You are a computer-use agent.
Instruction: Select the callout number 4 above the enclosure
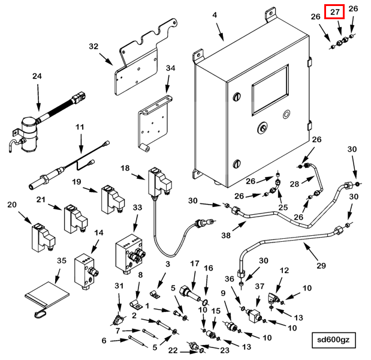tap(215, 15)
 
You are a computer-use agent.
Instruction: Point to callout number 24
tap(38, 76)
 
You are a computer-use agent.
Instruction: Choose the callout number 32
tap(93, 46)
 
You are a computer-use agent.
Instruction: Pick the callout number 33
tap(137, 208)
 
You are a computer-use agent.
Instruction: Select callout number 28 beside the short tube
tap(294, 183)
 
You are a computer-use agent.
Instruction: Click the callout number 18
tap(125, 169)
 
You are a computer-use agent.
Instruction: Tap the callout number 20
tap(12, 205)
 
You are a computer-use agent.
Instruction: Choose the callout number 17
tap(195, 264)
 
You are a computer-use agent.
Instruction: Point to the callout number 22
tap(173, 350)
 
